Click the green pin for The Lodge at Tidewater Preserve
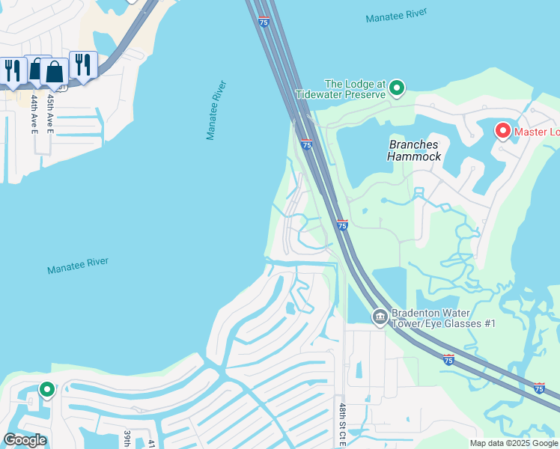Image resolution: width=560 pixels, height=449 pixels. pos(398,88)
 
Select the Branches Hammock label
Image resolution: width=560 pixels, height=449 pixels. pos(414,150)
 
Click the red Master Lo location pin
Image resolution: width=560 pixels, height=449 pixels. pos(503,132)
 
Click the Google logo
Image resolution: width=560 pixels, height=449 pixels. pos(25,440)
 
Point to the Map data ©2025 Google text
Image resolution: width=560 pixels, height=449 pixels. pos(514,443)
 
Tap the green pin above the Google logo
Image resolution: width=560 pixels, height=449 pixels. pos(47,389)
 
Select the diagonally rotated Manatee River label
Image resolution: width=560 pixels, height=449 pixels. pos(216,111)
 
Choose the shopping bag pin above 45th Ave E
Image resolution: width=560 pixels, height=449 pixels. pos(54,72)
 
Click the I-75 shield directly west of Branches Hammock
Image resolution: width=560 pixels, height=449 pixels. pos(306,144)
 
